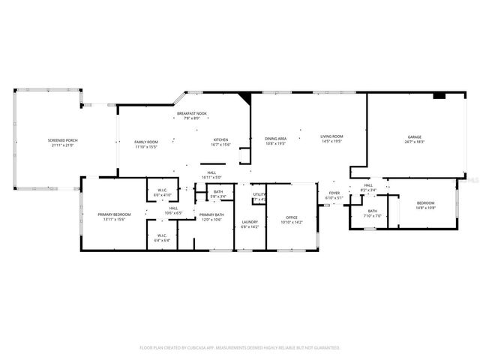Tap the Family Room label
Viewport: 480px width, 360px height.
146,142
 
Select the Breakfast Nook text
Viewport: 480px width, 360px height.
192,113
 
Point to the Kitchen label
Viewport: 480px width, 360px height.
220,139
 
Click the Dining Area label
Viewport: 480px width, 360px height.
275,138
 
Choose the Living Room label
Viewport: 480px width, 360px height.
331,136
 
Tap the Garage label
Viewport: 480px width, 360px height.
415,136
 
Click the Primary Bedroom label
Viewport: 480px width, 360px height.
111,214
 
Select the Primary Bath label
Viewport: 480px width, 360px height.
211,214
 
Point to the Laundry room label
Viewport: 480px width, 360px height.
250,222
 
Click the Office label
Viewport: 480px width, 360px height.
292,217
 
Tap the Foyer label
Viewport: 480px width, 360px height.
334,193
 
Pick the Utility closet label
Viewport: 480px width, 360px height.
259,194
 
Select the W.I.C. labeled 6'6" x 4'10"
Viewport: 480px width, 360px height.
162,191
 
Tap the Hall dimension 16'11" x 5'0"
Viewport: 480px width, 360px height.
211,178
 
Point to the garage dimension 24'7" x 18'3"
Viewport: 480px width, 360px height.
415,142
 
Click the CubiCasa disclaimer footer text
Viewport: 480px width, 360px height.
240,347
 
